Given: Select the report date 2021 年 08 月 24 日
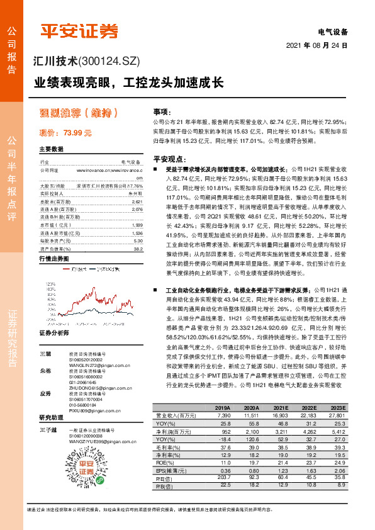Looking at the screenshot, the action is pos(321,46).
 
